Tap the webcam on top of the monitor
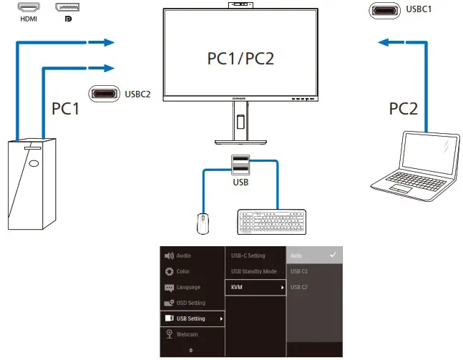click(x=240, y=6)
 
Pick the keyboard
click(x=272, y=221)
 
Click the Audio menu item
click(x=184, y=256)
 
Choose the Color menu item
click(x=183, y=271)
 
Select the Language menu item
click(x=187, y=287)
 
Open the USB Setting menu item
click(x=190, y=318)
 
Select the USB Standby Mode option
click(x=253, y=271)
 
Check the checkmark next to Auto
click(x=331, y=255)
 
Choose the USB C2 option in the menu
click(x=299, y=287)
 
